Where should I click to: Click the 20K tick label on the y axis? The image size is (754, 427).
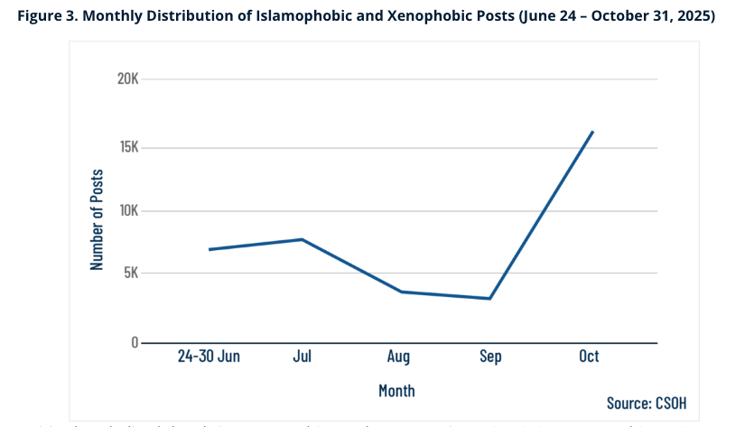[x=127, y=79]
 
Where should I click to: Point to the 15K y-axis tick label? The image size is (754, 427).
[x=127, y=147]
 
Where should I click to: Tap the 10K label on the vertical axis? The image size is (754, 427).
[x=127, y=210]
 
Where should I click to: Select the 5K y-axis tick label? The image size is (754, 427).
[x=130, y=273]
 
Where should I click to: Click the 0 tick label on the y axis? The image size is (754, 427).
[x=134, y=343]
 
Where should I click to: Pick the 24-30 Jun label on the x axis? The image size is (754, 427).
[x=209, y=357]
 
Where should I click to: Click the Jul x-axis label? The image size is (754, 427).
[x=303, y=357]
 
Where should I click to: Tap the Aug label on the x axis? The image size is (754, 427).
[x=398, y=357]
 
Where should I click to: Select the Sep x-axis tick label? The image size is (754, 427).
[x=490, y=357]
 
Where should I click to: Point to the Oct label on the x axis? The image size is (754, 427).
[x=589, y=357]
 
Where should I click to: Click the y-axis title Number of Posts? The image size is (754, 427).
[x=98, y=219]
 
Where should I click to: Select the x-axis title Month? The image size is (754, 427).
[x=396, y=391]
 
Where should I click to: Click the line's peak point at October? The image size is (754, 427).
[x=592, y=132]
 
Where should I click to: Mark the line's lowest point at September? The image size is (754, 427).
[x=490, y=299]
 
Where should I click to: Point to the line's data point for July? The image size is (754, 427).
[x=303, y=239]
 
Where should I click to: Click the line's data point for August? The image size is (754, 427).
[x=401, y=292]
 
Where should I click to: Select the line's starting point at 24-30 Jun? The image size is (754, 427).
[x=209, y=249]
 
